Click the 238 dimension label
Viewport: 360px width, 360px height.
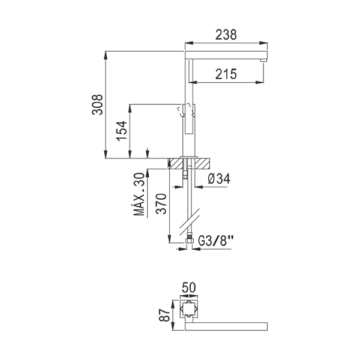coord(226,35)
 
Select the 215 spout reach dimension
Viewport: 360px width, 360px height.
coord(226,74)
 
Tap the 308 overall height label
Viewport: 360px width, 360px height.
coord(97,104)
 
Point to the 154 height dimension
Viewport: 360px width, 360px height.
coord(121,131)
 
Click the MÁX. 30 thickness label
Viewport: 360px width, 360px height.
coord(139,194)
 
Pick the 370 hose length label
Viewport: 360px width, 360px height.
coord(161,203)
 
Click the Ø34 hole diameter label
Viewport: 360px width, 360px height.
coord(219,179)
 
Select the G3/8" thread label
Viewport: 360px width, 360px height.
coord(215,241)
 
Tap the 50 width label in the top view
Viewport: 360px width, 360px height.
coord(189,287)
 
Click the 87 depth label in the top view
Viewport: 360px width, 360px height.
coord(164,315)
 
